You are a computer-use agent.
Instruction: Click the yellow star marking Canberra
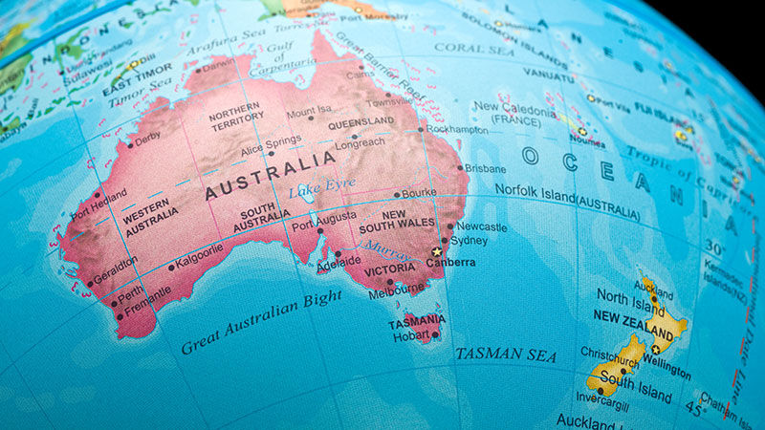[437, 251]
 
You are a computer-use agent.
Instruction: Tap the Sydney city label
[470, 241]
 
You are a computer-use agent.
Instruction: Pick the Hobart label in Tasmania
[410, 334]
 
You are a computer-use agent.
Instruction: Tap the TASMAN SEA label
[505, 355]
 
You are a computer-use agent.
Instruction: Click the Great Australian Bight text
[261, 321]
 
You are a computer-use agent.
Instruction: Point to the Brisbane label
[485, 168]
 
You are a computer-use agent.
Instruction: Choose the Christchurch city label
[610, 352]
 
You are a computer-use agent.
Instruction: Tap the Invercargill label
[594, 401]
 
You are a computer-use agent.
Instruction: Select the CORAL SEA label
[473, 47]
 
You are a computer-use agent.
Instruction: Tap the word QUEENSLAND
[361, 122]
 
